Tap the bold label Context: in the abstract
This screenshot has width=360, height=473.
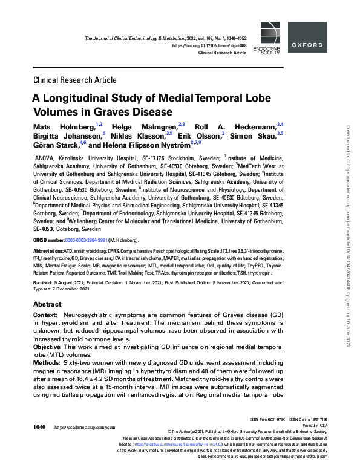tap(45, 316)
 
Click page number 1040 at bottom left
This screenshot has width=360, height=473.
tap(39, 427)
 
